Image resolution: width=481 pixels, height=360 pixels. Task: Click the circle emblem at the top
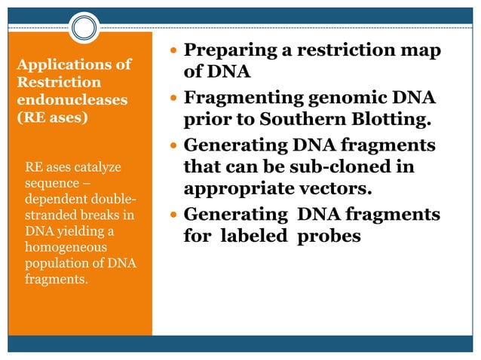85,29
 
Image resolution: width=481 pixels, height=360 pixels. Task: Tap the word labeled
259,236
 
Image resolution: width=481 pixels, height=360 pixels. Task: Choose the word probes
331,236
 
